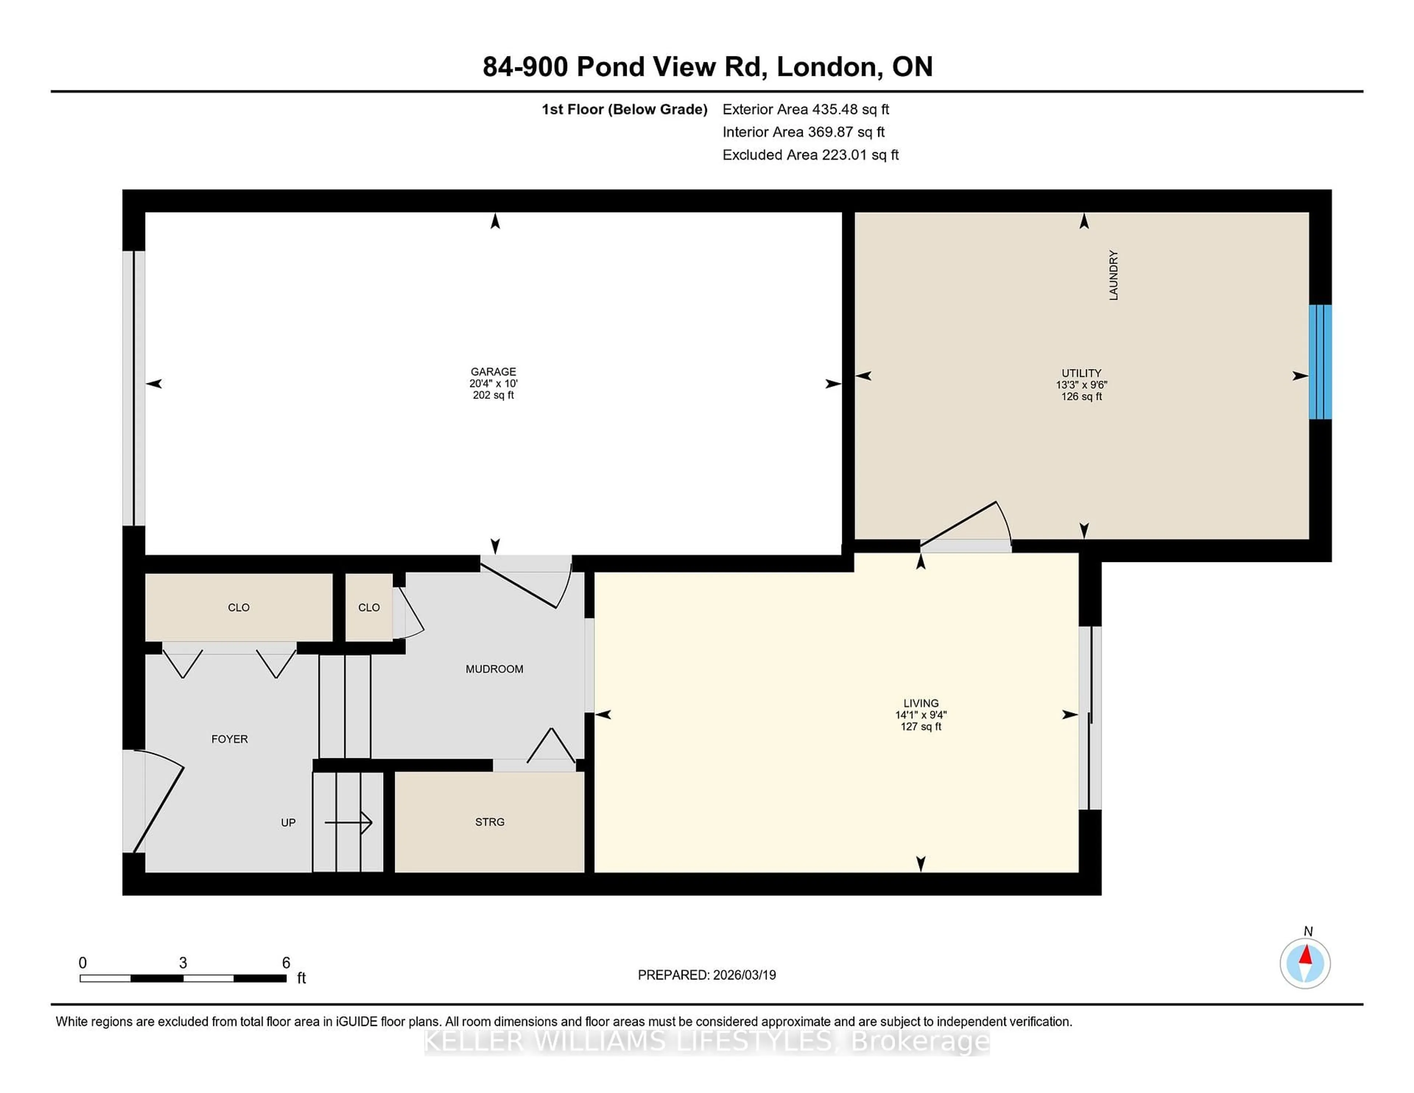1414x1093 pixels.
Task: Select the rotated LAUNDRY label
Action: pyautogui.click(x=1113, y=275)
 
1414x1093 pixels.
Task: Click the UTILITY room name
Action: pyautogui.click(x=1081, y=373)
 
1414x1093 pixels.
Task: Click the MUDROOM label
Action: pyautogui.click(x=494, y=669)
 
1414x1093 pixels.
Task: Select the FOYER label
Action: pyautogui.click(x=229, y=739)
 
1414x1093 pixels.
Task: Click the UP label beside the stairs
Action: pyautogui.click(x=288, y=822)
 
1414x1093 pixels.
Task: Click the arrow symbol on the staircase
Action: pyautogui.click(x=349, y=822)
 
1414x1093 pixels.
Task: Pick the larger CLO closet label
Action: pyautogui.click(x=238, y=607)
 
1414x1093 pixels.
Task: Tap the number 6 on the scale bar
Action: pyautogui.click(x=285, y=963)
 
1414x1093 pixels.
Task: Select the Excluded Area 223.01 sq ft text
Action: pyautogui.click(x=810, y=155)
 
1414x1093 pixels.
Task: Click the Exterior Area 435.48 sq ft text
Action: pyautogui.click(x=805, y=109)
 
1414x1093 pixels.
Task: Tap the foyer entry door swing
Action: pyautogui.click(x=159, y=803)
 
